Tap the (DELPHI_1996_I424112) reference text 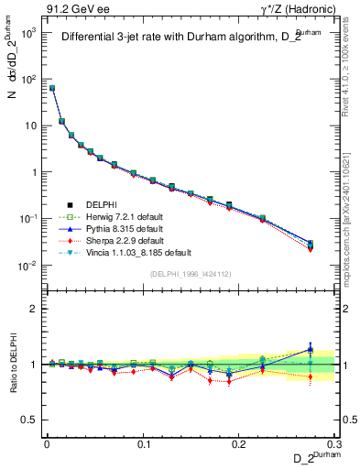click(190, 274)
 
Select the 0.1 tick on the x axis click(144, 443)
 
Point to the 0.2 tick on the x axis click(240, 443)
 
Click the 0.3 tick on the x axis click(335, 443)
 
